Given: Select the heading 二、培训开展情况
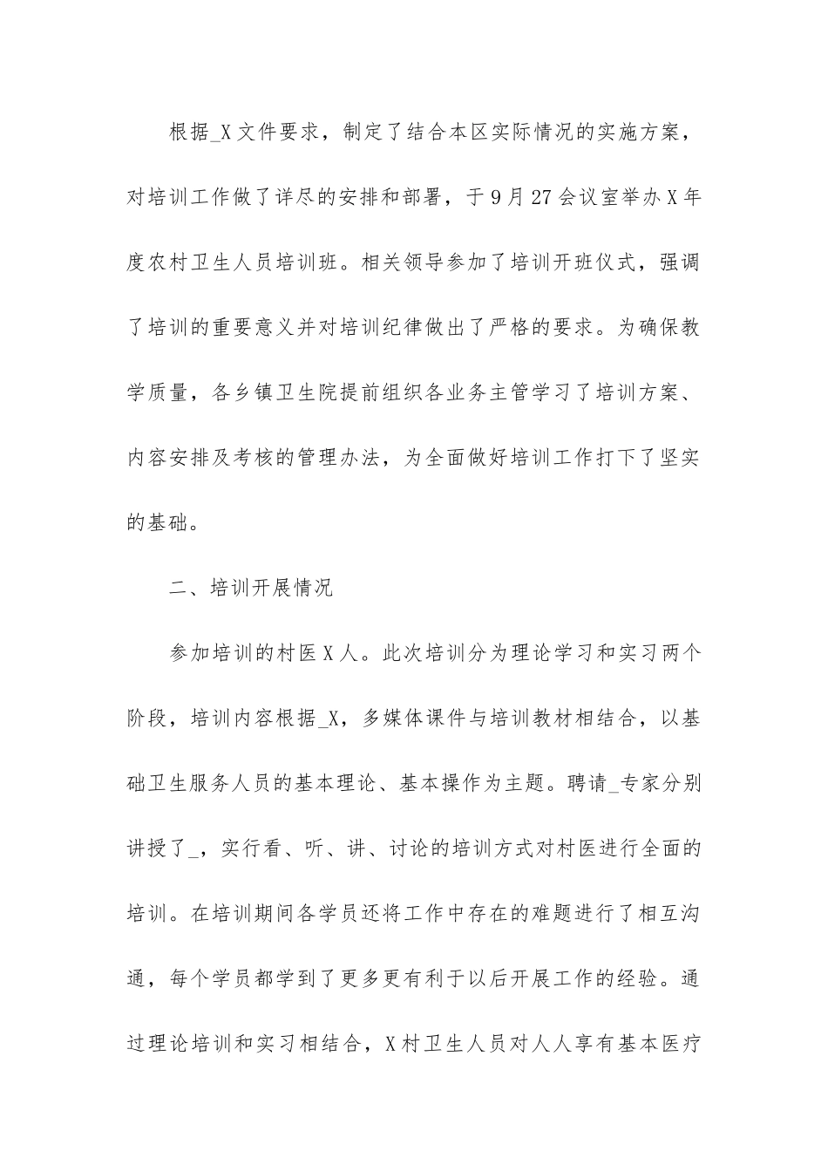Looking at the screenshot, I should point(251,587).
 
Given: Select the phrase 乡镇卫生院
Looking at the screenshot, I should point(263,392).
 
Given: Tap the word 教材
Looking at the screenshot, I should point(562,718).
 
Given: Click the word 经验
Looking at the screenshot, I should point(648,978).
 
